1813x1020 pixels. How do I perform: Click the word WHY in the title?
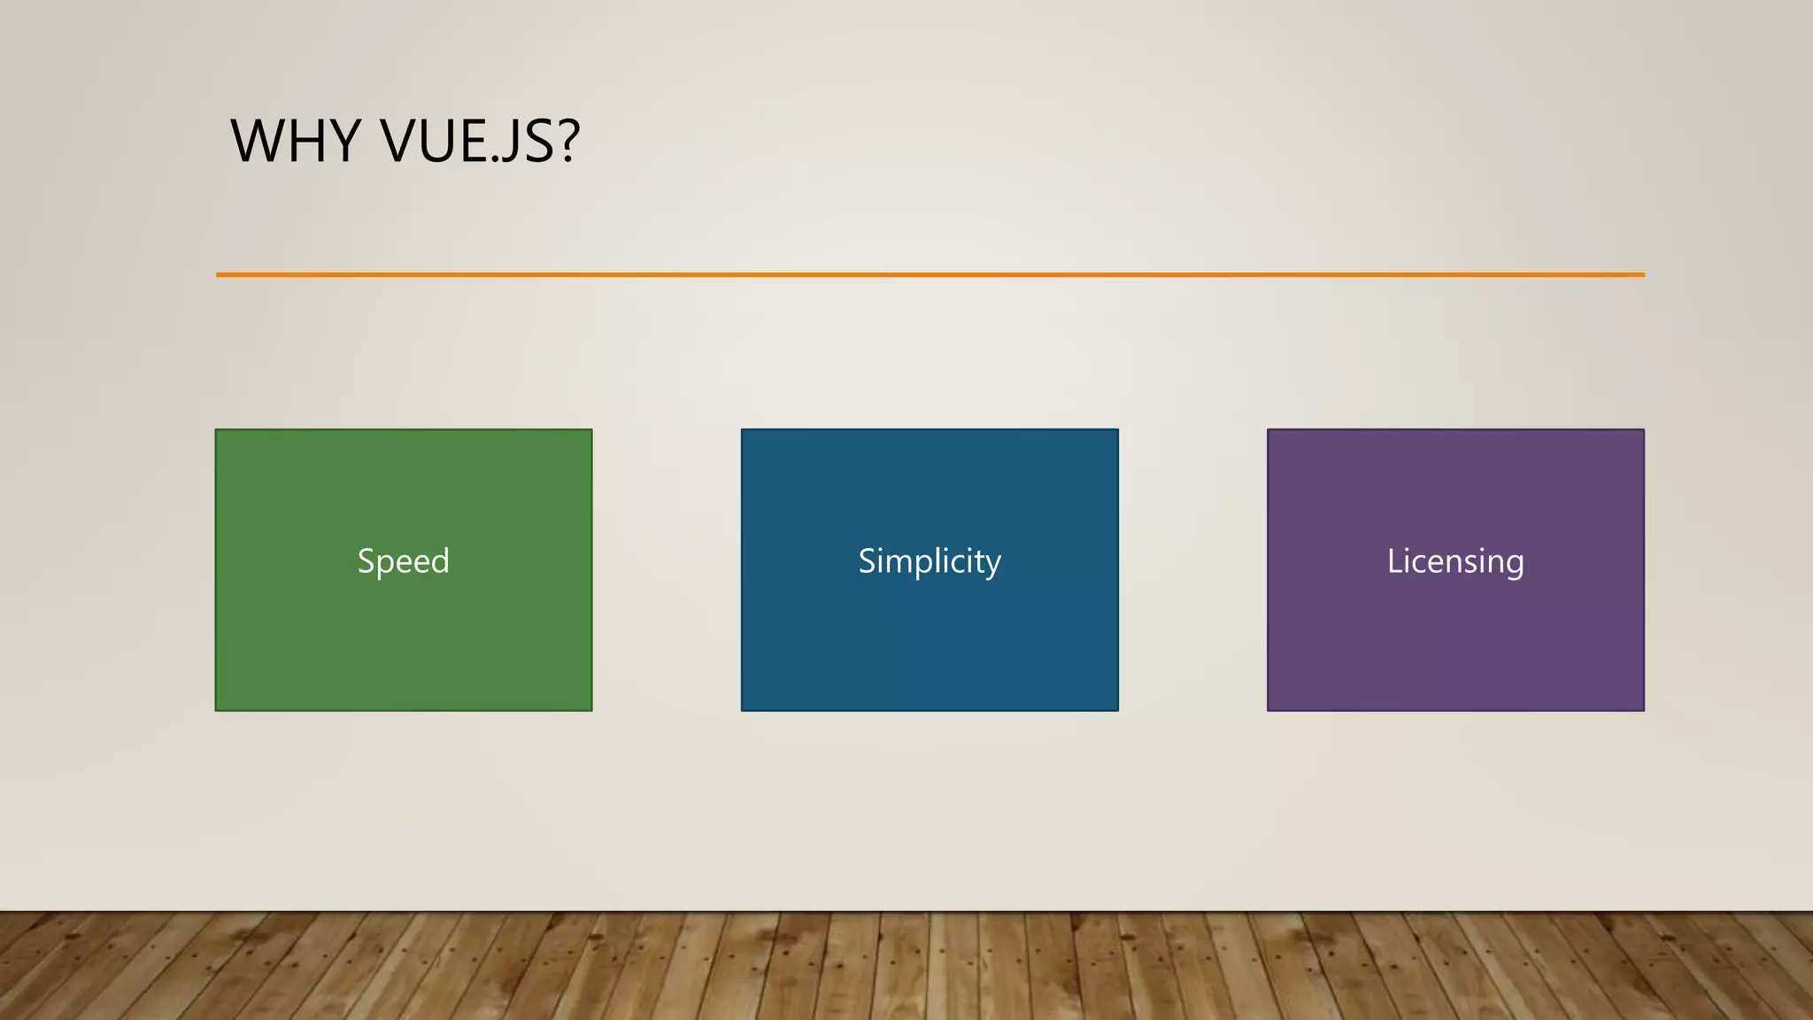(296, 141)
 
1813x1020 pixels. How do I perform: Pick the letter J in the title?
(508, 142)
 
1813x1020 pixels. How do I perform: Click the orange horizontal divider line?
(930, 274)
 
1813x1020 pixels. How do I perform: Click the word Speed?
(404, 561)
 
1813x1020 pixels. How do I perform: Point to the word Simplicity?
(930, 561)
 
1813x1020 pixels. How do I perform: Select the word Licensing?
(1455, 561)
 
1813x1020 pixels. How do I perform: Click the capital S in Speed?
(366, 561)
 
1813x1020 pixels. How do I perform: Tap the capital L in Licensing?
(1394, 561)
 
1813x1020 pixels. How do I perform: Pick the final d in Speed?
(440, 561)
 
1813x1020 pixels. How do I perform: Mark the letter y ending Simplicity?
(993, 565)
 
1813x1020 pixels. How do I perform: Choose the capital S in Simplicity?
(867, 561)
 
